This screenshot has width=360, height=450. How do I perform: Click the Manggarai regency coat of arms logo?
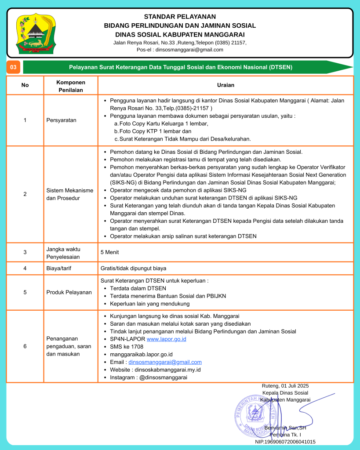(35, 33)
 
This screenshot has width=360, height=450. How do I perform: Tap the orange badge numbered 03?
(13, 67)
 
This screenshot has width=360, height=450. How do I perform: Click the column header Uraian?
(225, 85)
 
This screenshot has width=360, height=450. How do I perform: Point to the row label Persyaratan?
(62, 120)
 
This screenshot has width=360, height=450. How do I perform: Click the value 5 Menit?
(109, 252)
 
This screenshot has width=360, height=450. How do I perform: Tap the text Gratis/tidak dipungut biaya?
(133, 268)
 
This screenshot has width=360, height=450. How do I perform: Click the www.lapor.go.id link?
(166, 339)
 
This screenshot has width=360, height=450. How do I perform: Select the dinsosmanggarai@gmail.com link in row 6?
(165, 362)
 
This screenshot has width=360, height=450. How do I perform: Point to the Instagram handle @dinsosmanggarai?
(163, 377)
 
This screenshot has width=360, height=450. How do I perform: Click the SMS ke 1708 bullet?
(127, 347)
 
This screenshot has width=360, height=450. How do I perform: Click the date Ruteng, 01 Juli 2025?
(285, 386)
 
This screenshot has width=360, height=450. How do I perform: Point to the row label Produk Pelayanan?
(69, 292)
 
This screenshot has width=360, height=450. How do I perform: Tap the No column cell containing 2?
(25, 194)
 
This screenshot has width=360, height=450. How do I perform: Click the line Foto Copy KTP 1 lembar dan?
(155, 131)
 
